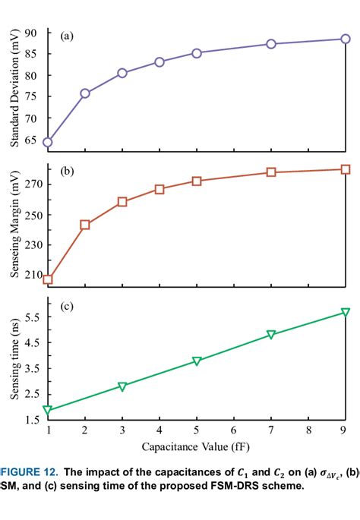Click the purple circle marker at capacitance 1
pos(48,142)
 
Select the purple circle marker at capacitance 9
pos(346,39)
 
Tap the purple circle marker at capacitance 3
pos(122,73)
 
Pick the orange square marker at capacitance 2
pos(85,225)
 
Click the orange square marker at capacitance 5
pos(197,181)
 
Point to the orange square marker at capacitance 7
pos(271,172)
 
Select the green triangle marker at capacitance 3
pos(122,386)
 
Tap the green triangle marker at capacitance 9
pos(346,313)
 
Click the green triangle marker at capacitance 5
pos(197,361)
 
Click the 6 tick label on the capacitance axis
pos(234,430)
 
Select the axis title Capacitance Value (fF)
pos(196,448)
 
